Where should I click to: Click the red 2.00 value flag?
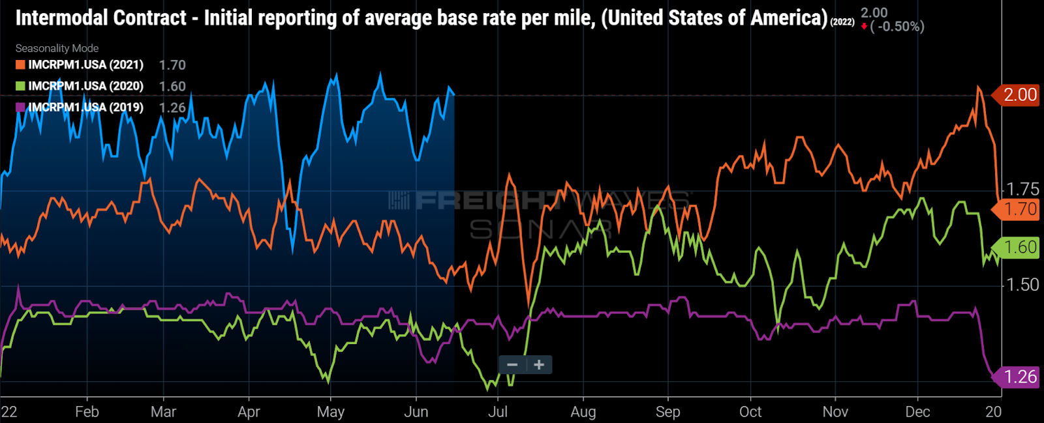1019,95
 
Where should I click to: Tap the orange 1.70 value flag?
1019,209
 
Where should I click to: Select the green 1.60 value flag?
1019,248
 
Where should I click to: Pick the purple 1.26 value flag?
1019,377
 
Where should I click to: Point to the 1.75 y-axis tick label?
1022,189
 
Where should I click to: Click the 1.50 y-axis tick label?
1022,285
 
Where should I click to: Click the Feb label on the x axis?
87,412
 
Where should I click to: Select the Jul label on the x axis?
498,412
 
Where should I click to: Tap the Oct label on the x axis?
750,412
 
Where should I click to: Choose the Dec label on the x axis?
917,412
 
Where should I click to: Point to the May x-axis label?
330,412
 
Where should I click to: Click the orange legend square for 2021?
20,65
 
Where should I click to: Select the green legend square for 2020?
20,86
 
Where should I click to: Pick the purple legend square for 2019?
20,108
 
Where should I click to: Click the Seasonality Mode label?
57,48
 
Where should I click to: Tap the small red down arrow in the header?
864,27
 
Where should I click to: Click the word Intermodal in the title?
57,18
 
